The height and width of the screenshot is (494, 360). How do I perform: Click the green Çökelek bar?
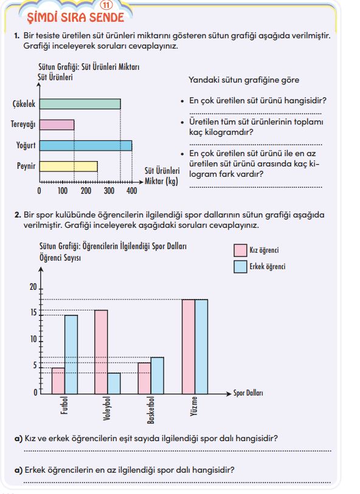(80, 104)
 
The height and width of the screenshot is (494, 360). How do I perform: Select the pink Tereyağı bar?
(57, 125)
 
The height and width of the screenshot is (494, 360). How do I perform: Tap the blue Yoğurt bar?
(86, 146)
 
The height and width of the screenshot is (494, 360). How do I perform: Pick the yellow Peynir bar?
(68, 166)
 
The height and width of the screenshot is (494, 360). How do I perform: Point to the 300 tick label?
(109, 191)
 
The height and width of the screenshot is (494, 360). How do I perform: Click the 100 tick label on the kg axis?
(63, 191)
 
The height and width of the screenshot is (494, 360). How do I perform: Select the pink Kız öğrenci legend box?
(240, 250)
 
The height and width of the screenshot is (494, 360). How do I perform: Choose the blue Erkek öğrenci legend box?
(240, 267)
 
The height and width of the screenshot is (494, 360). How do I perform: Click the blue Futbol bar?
(71, 354)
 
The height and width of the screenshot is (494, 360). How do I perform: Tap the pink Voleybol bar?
(101, 352)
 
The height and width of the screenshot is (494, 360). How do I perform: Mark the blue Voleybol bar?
(114, 383)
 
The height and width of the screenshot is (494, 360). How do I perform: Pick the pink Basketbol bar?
(144, 379)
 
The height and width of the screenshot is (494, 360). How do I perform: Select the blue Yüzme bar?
(201, 346)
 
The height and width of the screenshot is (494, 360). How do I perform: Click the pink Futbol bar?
(58, 381)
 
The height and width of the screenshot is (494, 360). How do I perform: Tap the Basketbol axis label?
(151, 410)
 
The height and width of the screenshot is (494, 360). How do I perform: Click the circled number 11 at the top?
(106, 5)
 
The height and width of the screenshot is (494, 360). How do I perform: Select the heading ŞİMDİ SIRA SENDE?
(75, 18)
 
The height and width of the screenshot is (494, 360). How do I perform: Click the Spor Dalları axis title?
(248, 393)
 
